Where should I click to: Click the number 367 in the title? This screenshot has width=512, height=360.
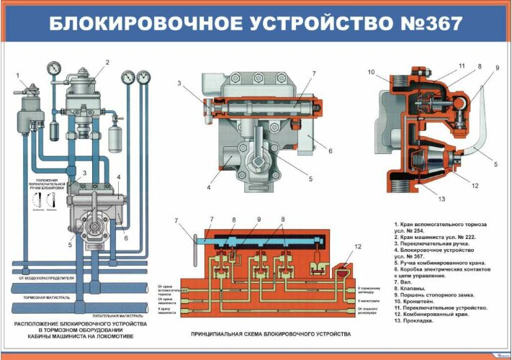click(x=439, y=23)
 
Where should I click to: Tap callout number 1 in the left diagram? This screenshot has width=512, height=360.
click(x=17, y=76)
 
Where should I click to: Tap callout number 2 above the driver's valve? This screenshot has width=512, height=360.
click(x=107, y=63)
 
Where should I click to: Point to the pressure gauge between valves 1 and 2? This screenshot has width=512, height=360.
click(x=53, y=69)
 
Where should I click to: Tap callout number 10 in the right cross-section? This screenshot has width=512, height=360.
click(x=372, y=72)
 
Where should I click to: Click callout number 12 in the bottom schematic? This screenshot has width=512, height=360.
click(x=358, y=247)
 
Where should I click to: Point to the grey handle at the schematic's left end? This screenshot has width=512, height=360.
click(x=193, y=240)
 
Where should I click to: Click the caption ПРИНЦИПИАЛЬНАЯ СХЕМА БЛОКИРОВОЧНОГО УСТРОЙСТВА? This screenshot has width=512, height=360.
click(x=270, y=335)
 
